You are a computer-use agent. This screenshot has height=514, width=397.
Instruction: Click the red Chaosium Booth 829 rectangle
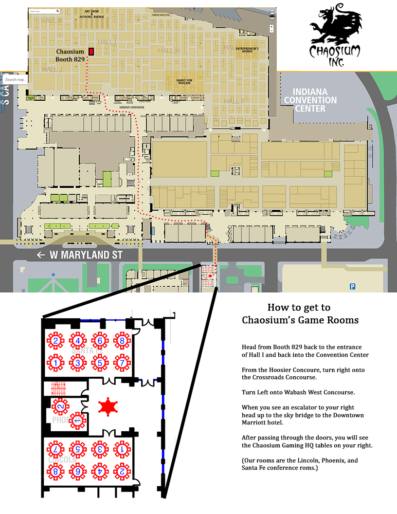pyautogui.click(x=91, y=52)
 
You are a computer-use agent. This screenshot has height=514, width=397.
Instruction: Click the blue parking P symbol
pyautogui.click(x=352, y=287)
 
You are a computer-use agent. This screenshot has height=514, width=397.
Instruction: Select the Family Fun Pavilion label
pyautogui.click(x=184, y=81)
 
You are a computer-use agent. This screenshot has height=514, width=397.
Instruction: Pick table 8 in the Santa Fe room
pyautogui.click(x=122, y=341)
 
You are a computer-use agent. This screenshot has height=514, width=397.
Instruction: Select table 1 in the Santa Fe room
pyautogui.click(x=56, y=363)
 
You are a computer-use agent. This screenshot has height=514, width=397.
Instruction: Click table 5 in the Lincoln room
pyautogui.click(x=78, y=449)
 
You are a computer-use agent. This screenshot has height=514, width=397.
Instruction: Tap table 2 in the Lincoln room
pyautogui.click(x=122, y=471)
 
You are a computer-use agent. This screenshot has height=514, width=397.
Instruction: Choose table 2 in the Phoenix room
pyautogui.click(x=61, y=405)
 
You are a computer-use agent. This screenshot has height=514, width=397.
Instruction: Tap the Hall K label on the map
pyautogui.click(x=52, y=20)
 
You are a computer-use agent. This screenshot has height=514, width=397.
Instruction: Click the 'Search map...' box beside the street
pyautogui.click(x=16, y=80)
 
